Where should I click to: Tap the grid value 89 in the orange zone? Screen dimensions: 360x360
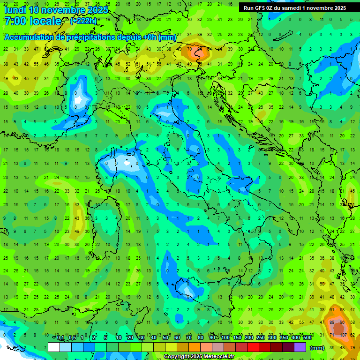point(332,323)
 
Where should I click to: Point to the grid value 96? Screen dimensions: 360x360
point(342,323)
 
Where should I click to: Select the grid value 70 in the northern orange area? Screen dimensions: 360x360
point(189,49)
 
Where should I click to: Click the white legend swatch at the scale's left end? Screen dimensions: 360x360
point(54,347)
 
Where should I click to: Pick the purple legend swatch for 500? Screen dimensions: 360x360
point(300,347)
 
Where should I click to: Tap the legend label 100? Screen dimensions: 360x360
point(225,338)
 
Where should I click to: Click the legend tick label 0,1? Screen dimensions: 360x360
point(61,338)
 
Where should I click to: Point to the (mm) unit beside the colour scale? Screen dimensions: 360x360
point(317,347)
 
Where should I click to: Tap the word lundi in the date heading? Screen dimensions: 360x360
point(15,10)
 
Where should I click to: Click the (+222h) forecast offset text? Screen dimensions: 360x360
point(84,21)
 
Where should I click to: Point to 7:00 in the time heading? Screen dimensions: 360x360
point(14,21)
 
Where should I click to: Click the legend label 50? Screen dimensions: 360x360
point(165,338)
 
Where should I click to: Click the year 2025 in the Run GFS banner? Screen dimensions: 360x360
point(337,8)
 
